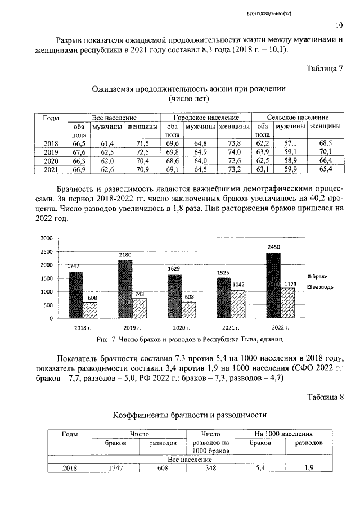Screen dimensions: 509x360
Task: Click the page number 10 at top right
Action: click(x=339, y=25)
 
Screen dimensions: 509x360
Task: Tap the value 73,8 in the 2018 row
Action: click(x=234, y=143)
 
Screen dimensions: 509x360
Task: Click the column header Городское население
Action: click(x=205, y=118)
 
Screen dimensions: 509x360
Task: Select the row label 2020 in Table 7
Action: click(x=51, y=160)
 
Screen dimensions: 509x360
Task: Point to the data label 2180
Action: click(x=125, y=255)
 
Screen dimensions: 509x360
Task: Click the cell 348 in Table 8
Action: click(x=209, y=467)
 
